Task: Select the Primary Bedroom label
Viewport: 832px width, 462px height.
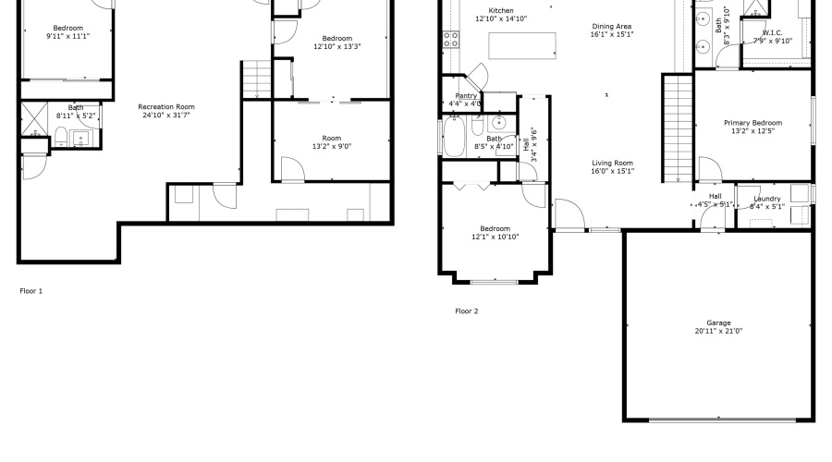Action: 752,123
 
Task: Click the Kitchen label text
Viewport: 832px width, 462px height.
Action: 501,10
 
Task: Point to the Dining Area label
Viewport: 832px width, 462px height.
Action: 612,27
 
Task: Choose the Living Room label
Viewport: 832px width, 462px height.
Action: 612,163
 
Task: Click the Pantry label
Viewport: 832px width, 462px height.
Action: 466,96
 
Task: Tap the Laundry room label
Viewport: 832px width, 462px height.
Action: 766,199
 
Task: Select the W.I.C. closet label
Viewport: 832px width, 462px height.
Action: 772,32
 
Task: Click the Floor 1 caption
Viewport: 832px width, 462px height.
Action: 31,291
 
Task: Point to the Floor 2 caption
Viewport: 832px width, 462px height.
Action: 467,311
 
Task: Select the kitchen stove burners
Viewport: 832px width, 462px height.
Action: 452,39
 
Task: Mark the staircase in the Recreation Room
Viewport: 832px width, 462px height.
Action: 254,79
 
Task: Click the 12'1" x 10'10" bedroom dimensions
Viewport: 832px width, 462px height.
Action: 495,237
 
